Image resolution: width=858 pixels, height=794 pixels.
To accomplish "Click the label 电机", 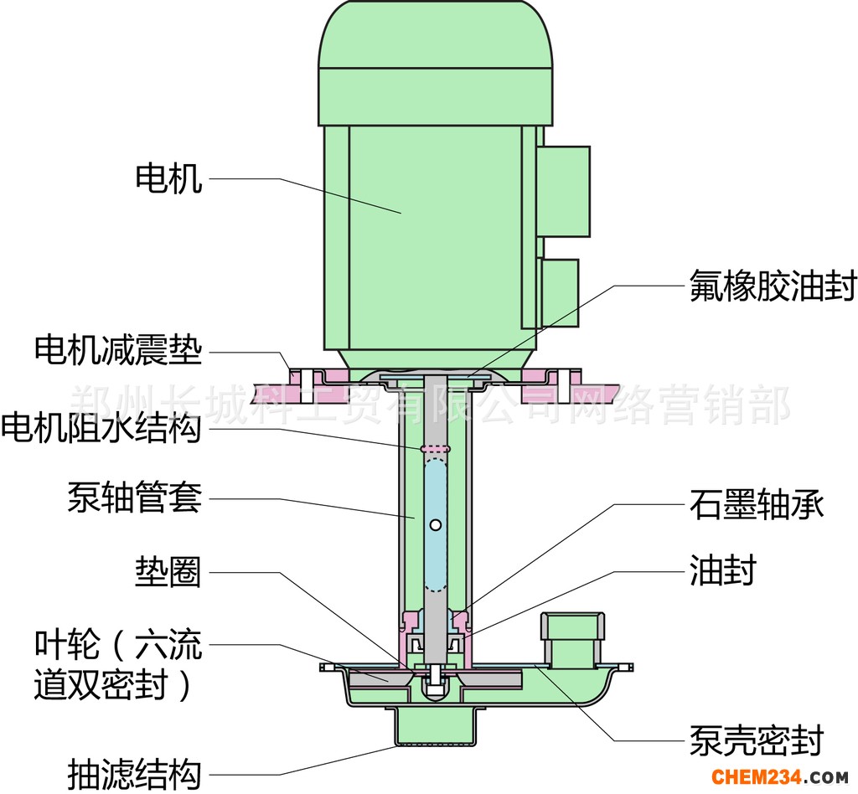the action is click(x=168, y=178).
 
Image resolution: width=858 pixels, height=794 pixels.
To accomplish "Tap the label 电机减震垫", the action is click(x=118, y=350).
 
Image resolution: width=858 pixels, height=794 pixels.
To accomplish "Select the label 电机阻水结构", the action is click(x=101, y=428).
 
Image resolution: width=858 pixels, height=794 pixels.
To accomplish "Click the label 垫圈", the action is click(x=168, y=572).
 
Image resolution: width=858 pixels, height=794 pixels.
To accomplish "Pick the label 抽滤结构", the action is click(x=135, y=774).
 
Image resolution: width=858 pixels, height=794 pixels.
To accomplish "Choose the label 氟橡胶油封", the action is click(x=773, y=285).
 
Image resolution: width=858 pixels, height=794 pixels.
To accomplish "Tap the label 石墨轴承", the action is click(x=757, y=503).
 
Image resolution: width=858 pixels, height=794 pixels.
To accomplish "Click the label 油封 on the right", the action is click(x=722, y=570).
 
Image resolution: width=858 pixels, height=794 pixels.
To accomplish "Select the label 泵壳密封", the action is click(x=757, y=740).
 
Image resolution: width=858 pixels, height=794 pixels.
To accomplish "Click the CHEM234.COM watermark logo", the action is click(x=781, y=776).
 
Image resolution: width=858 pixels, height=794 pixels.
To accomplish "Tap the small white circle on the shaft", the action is click(x=436, y=525).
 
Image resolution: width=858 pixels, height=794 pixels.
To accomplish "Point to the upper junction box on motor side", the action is click(x=563, y=192).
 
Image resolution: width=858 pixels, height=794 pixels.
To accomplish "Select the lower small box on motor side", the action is click(x=559, y=293).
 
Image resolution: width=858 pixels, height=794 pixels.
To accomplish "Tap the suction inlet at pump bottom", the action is click(x=435, y=725).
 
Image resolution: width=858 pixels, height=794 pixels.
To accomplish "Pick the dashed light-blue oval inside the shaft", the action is click(x=436, y=525).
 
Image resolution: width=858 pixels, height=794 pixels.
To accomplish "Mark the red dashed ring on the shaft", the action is click(x=435, y=449).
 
